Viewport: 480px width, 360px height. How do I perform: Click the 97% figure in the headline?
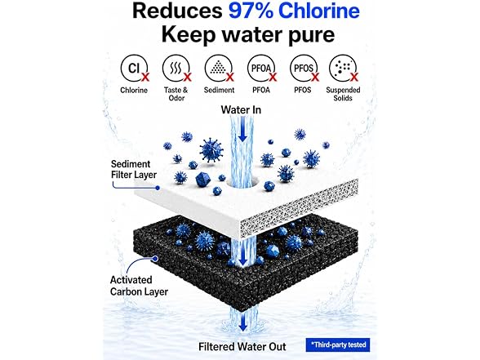251,11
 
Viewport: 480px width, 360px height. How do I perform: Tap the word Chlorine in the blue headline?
319,11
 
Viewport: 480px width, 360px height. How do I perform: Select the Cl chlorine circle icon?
134,68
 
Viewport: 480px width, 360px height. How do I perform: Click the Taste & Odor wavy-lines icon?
176,68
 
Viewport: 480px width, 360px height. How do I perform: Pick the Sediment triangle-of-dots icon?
218,68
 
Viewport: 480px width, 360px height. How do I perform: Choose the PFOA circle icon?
261,68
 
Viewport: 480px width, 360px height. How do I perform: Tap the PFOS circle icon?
304,68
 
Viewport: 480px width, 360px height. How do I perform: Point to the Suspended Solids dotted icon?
343,68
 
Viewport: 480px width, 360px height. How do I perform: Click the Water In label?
241,109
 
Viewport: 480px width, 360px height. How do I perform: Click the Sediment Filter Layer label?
134,169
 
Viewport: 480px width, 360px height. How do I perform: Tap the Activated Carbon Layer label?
139,286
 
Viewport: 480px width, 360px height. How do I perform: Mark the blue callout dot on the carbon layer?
155,259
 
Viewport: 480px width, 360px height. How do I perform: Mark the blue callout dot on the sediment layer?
158,188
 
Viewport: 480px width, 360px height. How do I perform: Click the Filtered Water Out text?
242,346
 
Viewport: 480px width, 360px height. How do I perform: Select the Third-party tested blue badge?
338,345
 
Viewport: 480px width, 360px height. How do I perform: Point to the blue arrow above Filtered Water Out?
243,322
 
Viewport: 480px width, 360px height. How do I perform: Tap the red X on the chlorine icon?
145,77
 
